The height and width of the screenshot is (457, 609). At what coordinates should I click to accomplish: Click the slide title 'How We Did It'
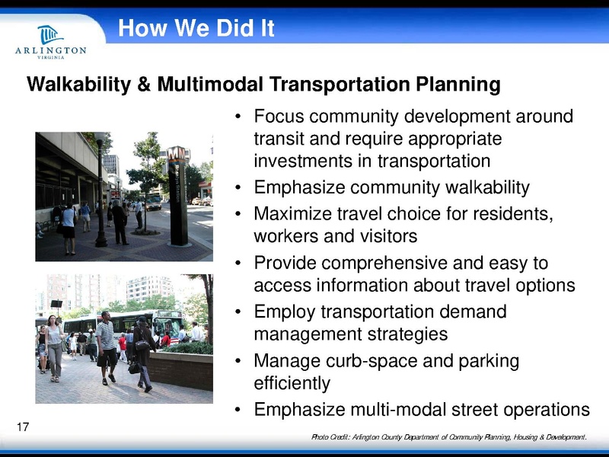[196, 29]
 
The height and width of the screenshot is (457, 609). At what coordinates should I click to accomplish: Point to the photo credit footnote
[449, 437]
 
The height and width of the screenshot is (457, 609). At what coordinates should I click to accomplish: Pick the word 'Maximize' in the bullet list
[292, 213]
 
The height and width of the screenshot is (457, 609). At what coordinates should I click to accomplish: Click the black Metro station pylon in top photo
[178, 196]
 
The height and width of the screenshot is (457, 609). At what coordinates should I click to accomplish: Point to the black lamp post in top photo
[100, 190]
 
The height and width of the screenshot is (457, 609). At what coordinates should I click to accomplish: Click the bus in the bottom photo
[145, 324]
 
